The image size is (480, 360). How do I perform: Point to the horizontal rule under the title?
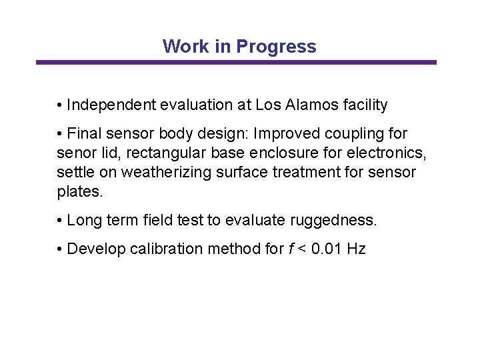pyautogui.click(x=236, y=63)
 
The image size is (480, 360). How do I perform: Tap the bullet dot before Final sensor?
pyautogui.click(x=60, y=134)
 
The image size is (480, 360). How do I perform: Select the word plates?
pyautogui.click(x=79, y=191)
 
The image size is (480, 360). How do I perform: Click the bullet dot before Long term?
pyautogui.click(x=60, y=221)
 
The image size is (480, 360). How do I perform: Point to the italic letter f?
pyautogui.click(x=291, y=249)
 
